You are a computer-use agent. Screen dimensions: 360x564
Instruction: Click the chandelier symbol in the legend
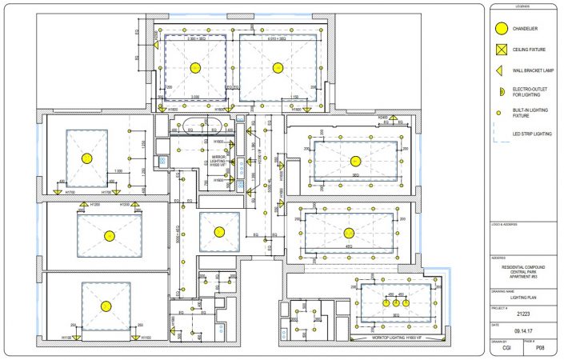click(x=502, y=29)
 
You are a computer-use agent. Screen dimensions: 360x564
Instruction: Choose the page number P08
click(x=540, y=348)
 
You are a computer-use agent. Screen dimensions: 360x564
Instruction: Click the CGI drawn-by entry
click(x=506, y=348)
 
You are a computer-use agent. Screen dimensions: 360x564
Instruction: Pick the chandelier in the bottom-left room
click(x=105, y=306)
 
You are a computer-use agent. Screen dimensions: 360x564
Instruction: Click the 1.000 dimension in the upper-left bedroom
click(x=118, y=171)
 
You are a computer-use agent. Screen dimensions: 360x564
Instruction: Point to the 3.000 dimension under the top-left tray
click(x=194, y=98)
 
